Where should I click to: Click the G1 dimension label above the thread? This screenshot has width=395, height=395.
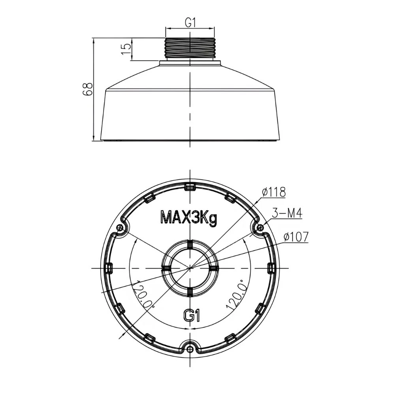coord(190,23)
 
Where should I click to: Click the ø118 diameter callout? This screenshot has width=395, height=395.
coord(274,192)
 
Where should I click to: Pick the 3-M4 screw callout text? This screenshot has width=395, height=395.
coord(287,214)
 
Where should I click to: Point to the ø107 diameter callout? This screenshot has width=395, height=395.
coord(296,237)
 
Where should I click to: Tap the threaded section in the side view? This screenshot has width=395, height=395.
coord(190,48)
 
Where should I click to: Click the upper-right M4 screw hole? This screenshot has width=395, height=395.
coord(260,228)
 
